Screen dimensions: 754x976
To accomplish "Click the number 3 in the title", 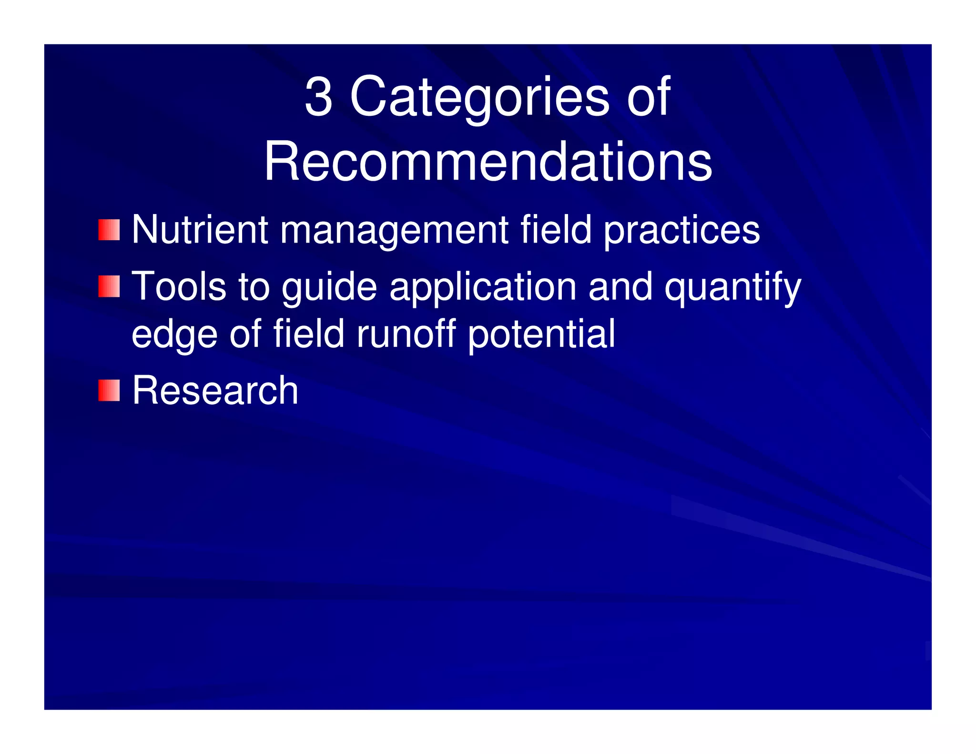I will pos(318,97).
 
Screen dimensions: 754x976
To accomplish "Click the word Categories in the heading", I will pos(479,98).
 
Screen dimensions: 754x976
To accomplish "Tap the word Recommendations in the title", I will pos(488,162).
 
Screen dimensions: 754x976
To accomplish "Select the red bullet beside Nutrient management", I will pos(109,230).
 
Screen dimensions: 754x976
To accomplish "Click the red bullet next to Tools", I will pos(109,286).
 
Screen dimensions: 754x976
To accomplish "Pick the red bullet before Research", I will pos(109,391).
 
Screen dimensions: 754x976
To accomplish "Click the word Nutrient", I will pos(200,230).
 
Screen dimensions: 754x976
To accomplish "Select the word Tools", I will pos(179,286).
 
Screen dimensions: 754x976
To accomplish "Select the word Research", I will pos(215,391).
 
